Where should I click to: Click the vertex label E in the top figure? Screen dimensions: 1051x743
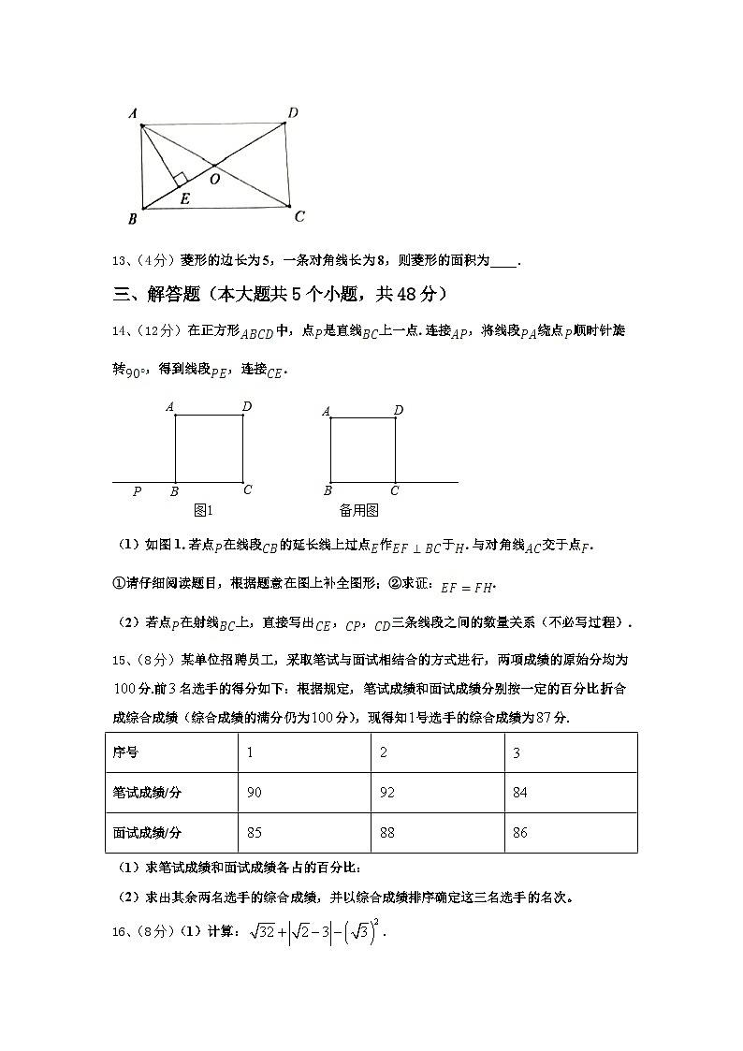pos(184,198)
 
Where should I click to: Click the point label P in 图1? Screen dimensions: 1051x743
pos(137,491)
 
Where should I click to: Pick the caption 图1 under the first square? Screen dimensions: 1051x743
pos(203,510)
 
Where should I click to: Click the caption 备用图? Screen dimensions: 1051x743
pos(358,510)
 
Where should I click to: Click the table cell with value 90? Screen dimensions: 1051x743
pos(255,793)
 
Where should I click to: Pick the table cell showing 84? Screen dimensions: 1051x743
pos(520,793)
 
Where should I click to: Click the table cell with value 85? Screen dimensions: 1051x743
pos(255,832)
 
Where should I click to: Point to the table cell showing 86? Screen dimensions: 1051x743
pos(520,832)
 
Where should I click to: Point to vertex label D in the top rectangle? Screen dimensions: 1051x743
pos(293,113)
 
